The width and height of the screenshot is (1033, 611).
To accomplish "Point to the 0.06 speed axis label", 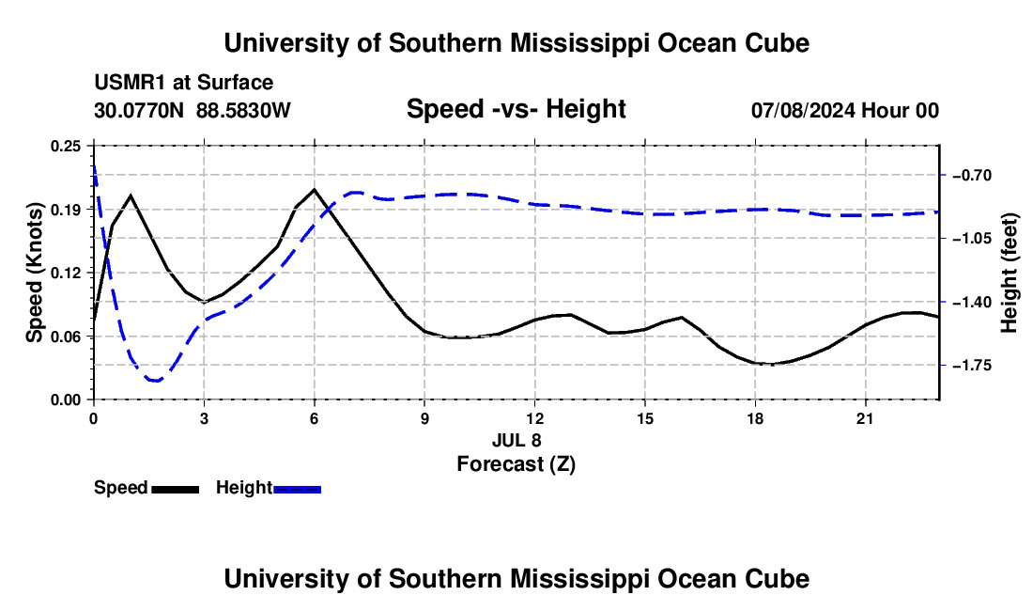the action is point(66,337).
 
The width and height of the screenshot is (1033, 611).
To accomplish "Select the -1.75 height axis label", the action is point(972,365).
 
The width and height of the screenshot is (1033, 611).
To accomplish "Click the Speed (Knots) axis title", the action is point(34,273).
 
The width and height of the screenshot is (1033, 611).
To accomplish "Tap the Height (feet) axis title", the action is point(1009,273).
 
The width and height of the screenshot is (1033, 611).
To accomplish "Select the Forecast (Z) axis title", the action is point(516,464).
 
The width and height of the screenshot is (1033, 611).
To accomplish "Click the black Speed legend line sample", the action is point(176,489).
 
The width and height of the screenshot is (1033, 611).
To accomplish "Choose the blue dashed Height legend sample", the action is point(297,489).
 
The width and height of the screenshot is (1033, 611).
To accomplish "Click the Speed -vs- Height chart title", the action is point(516,109).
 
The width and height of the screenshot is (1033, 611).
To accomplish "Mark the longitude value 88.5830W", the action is point(243,110).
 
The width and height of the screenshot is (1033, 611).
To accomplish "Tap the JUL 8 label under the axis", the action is point(516,440).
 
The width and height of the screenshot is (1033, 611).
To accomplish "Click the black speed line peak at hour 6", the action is point(315,189).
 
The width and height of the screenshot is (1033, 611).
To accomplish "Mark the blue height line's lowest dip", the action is point(156,381).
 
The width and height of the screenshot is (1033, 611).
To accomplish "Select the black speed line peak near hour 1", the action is point(131,196).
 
